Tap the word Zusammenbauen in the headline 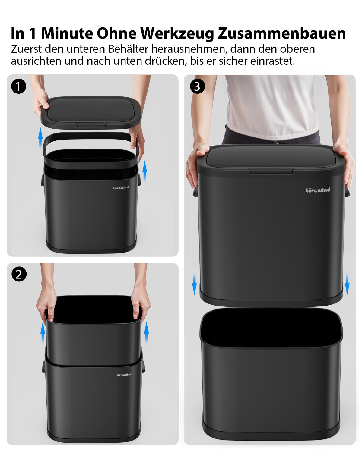point(282,33)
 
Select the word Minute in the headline point(67,33)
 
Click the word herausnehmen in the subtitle point(188,49)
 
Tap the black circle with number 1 point(19,86)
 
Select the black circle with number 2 point(19,274)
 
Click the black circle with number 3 point(197,86)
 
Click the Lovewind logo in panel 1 point(121,187)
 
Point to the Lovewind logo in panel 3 point(318,190)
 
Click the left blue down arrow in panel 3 point(195,284)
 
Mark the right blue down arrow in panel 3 point(347,284)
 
